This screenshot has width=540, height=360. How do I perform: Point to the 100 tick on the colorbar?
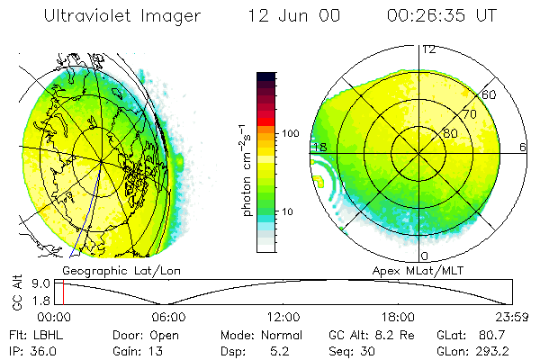pyautogui.click(x=292, y=133)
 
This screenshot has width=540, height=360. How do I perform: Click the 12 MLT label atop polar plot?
pyautogui.click(x=429, y=49)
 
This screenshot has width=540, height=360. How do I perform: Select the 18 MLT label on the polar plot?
pyautogui.click(x=319, y=147)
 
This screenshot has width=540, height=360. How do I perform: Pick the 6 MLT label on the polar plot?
pyautogui.click(x=523, y=147)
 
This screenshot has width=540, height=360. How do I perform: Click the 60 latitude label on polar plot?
pyautogui.click(x=490, y=94)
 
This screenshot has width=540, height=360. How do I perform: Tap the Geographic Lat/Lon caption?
pyautogui.click(x=107, y=270)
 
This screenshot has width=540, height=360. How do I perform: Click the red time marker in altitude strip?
pyautogui.click(x=63, y=292)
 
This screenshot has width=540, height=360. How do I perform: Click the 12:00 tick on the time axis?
pyautogui.click(x=283, y=317)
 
